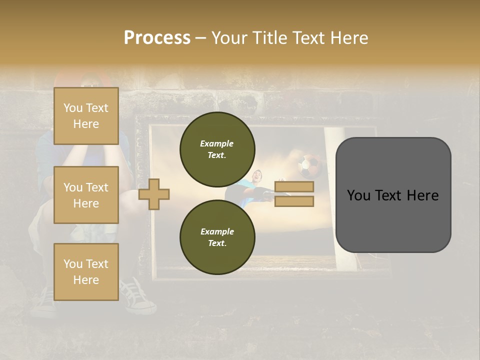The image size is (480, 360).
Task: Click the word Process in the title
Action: [157, 38]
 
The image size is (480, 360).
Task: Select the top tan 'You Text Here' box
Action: [86, 116]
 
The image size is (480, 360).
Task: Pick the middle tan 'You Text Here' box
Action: [86, 195]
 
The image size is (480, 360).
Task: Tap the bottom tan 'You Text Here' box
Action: [86, 271]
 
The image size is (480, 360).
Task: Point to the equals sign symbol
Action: [294, 194]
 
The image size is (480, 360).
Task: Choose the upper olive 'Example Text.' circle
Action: [217, 149]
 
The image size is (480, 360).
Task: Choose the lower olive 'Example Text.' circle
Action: [217, 237]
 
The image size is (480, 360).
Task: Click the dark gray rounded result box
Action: [393, 194]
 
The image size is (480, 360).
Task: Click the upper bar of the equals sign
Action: [294, 186]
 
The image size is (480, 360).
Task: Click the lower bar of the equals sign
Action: [294, 201]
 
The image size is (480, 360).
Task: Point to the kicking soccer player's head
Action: [257, 175]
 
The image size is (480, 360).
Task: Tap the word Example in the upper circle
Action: [217, 143]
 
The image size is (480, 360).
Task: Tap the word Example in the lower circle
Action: [217, 231]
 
